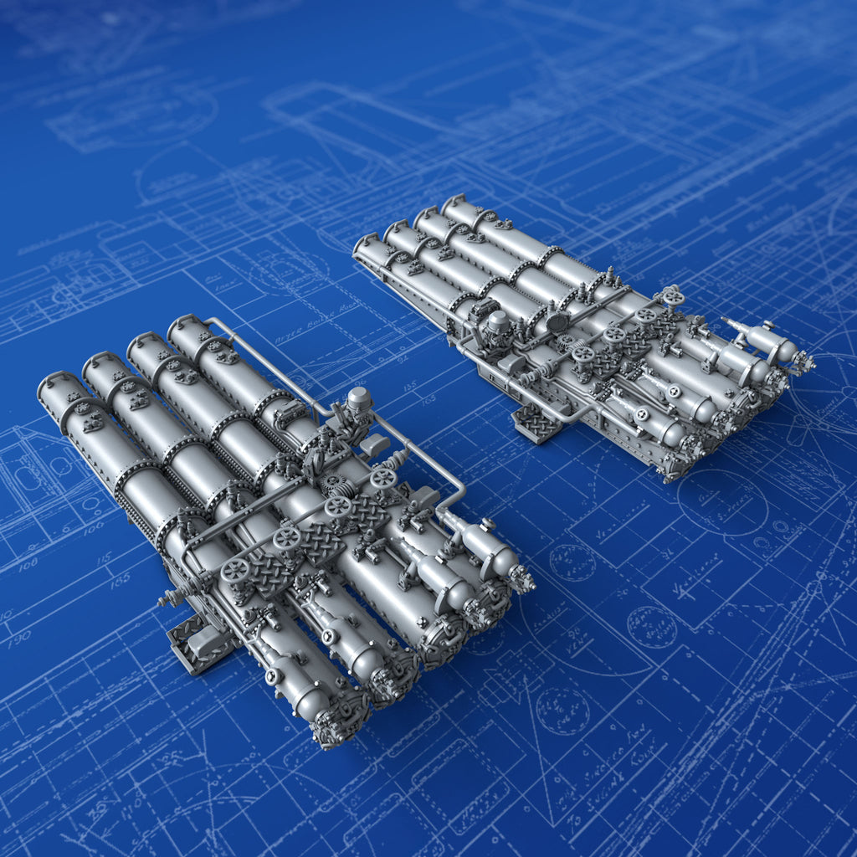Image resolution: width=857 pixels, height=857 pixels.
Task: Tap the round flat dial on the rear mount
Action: tap(557, 321)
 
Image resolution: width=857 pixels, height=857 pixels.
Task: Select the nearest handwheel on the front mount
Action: tap(233, 572)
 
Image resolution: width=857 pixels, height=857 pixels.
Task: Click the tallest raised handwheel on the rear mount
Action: tap(671, 297)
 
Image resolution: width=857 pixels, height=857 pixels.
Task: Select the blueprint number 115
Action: tap(103, 558)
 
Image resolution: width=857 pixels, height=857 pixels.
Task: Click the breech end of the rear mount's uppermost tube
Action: tap(799, 361)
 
